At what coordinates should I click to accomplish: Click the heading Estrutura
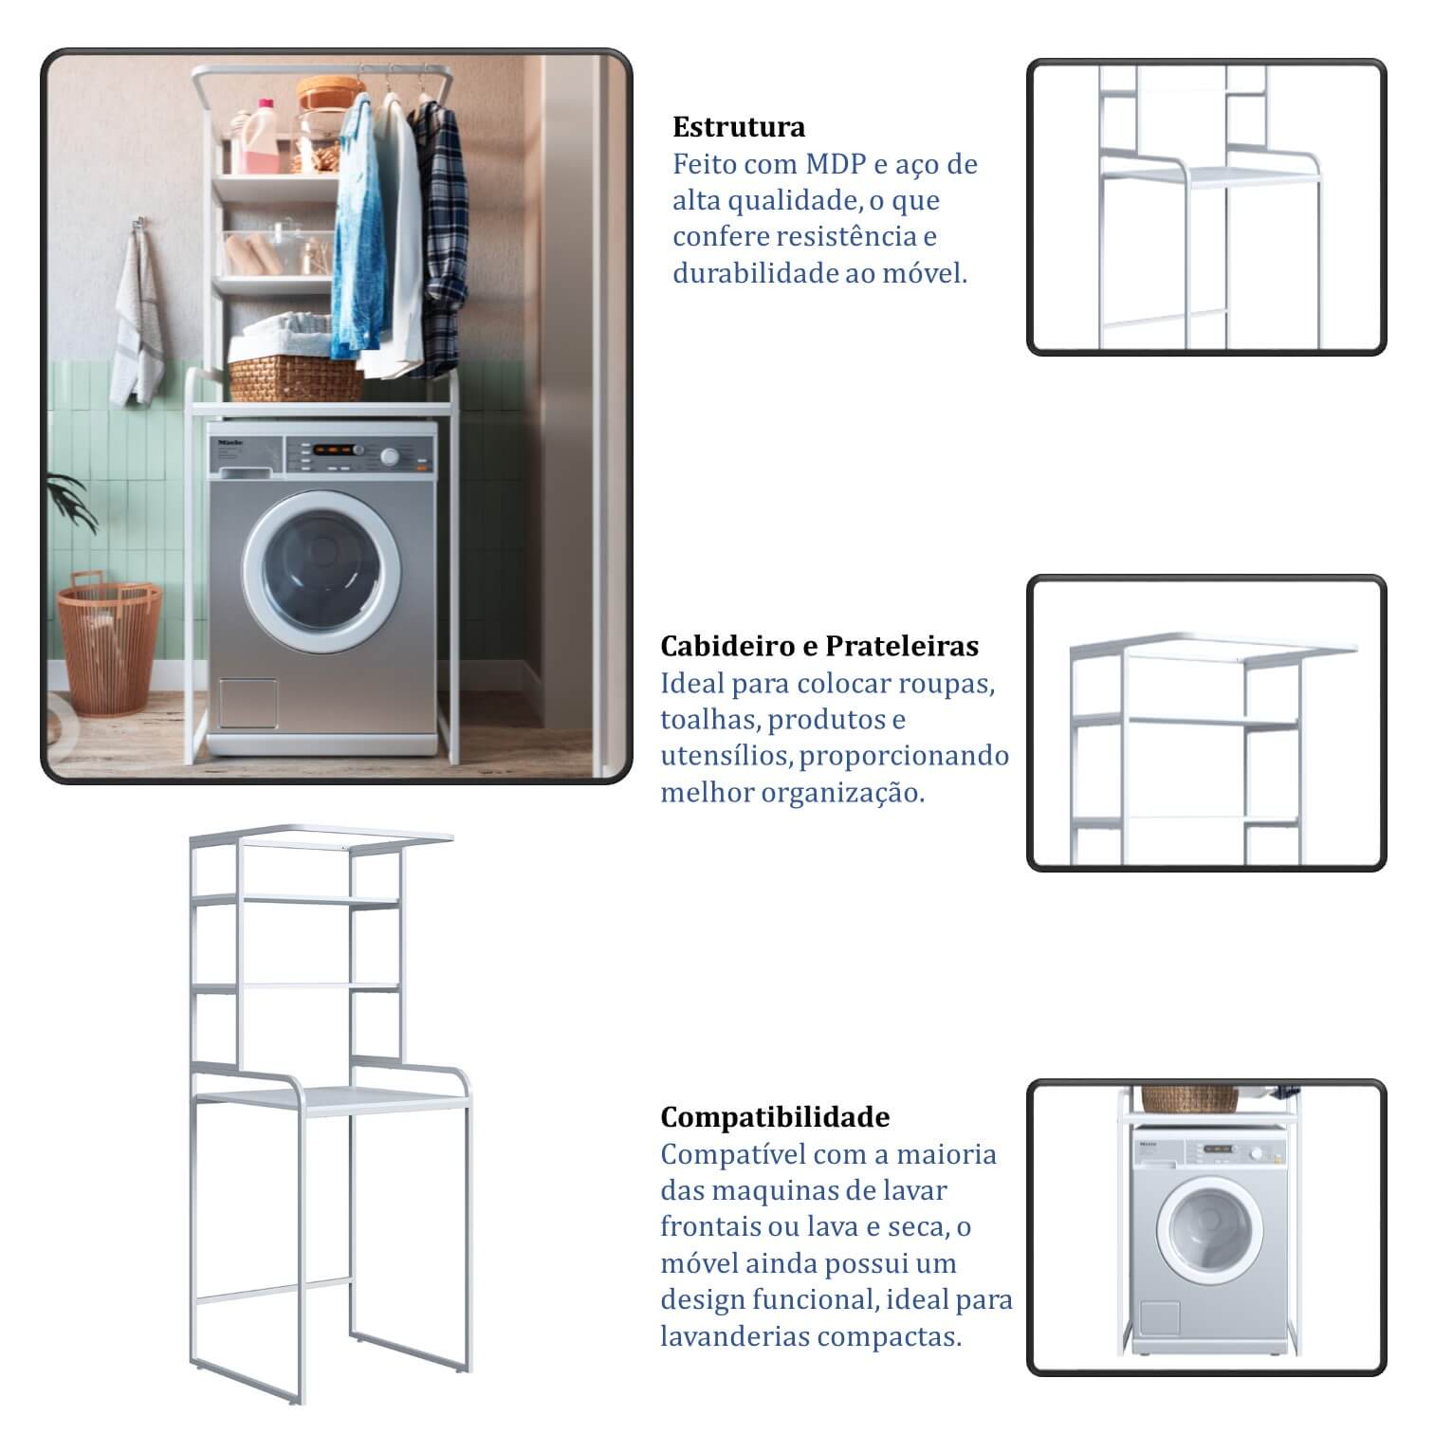coord(739,127)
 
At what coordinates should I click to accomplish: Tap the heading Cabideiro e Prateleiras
coord(819,646)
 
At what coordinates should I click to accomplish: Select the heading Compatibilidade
coord(775,1117)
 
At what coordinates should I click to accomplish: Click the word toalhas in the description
coord(710,720)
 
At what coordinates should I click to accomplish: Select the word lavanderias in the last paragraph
coord(735,1337)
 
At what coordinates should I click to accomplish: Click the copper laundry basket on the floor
coord(107,644)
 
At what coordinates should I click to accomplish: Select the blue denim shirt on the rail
coord(358,228)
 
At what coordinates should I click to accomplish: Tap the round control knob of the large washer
coord(389,457)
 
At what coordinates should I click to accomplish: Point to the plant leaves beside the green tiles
coord(68,503)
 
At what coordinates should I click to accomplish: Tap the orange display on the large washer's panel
coord(337,450)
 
